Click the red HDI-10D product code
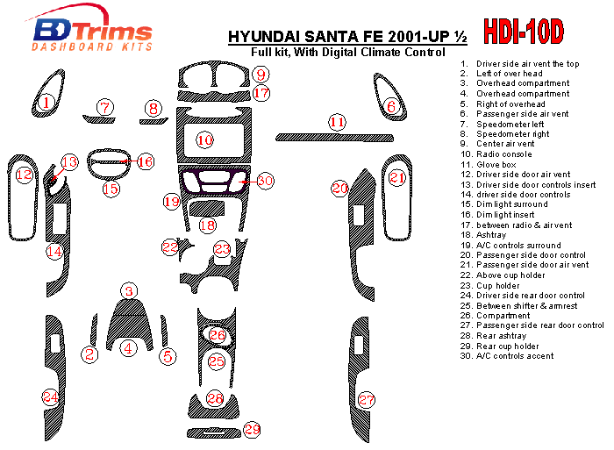coord(524,32)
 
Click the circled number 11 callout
coord(337,122)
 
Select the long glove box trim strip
coord(334,138)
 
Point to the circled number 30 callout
coord(265,181)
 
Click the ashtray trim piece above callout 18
coord(206,209)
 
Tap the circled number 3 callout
coord(129,291)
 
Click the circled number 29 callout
coord(252,429)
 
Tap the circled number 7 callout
coord(105,107)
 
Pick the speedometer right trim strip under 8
coord(153,121)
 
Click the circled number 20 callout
coord(339,189)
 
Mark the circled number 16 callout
coord(146,161)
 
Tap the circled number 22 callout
coord(170,246)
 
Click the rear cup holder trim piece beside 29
coord(214,432)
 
